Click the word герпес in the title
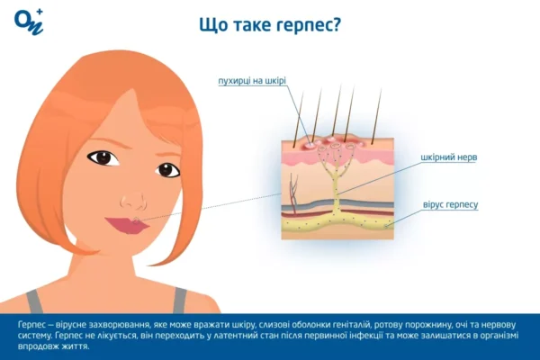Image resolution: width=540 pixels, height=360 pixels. point(305,25)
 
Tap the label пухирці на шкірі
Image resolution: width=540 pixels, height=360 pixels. point(252,81)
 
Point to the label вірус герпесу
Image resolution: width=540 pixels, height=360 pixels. point(450,205)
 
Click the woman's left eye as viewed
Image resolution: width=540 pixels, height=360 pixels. point(103,157)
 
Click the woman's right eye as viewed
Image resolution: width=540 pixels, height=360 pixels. point(167,168)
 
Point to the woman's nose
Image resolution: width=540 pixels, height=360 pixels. point(135,193)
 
